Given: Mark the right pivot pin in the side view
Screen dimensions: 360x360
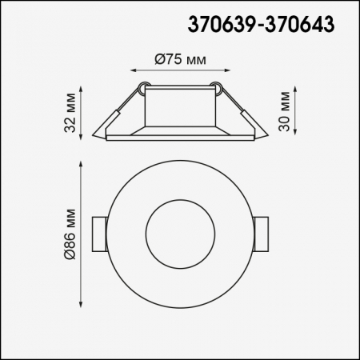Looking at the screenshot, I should click(214, 86).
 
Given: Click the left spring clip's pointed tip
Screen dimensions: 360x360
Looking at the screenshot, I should click(94, 137).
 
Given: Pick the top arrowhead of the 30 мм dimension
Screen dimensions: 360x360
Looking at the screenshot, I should click(298, 83).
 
